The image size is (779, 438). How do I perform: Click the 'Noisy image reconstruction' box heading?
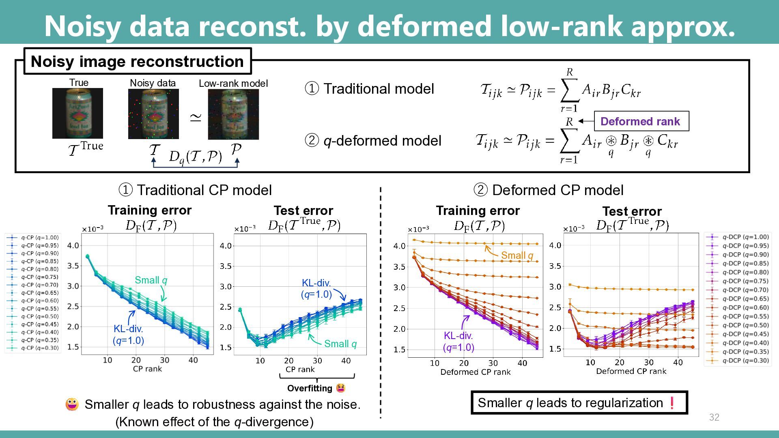pyautogui.click(x=137, y=62)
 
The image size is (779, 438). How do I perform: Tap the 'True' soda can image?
pyautogui.click(x=77, y=113)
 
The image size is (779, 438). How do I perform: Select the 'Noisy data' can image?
pyautogui.click(x=153, y=114)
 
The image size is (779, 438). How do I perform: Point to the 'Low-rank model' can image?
pyautogui.click(x=233, y=114)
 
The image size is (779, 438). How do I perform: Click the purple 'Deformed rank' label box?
pyautogui.click(x=641, y=121)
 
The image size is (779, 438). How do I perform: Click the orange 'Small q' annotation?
pyautogui.click(x=516, y=255)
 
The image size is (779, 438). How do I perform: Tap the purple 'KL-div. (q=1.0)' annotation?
pyautogui.click(x=458, y=341)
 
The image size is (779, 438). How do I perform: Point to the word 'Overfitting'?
pyautogui.click(x=310, y=389)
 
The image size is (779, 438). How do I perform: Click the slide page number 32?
pyautogui.click(x=714, y=417)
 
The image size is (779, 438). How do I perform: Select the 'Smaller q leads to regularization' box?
pyautogui.click(x=579, y=403)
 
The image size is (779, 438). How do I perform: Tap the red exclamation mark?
pyautogui.click(x=672, y=403)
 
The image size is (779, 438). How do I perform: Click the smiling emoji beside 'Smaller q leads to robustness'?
pyautogui.click(x=72, y=404)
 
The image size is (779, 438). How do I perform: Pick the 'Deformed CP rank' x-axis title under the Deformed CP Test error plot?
pyautogui.click(x=631, y=371)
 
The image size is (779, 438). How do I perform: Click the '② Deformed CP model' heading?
pyautogui.click(x=549, y=190)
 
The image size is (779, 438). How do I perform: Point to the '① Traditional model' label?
pyautogui.click(x=369, y=89)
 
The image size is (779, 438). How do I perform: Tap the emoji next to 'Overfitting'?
pyautogui.click(x=341, y=388)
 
